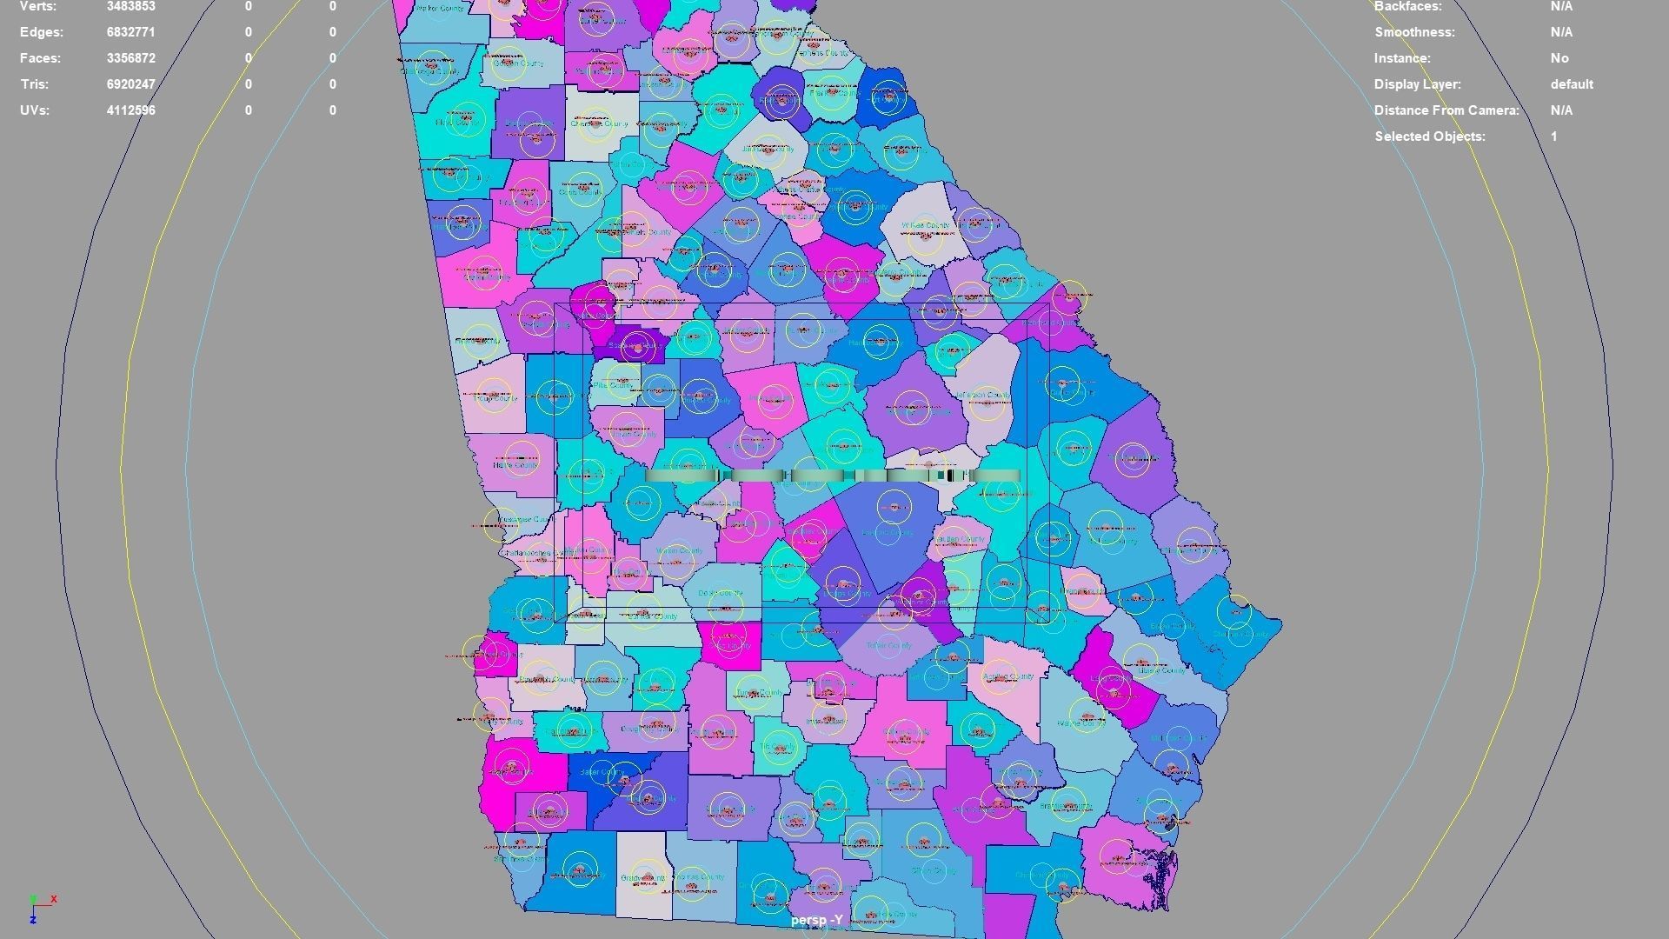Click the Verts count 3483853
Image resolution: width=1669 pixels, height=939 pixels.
[x=130, y=6]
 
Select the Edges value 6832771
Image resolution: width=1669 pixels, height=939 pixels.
[x=130, y=32]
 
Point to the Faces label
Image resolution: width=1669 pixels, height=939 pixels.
[x=41, y=58]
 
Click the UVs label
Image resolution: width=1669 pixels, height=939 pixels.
[x=35, y=110]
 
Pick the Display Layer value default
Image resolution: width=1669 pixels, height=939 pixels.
[x=1571, y=84]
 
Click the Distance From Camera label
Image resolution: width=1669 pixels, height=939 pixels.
[x=1446, y=110]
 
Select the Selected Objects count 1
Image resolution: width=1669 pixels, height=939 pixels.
[x=1553, y=137]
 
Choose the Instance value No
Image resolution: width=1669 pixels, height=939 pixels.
[x=1559, y=58]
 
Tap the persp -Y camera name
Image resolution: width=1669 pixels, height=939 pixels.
[x=816, y=920]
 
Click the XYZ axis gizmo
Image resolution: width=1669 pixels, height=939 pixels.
[x=39, y=906]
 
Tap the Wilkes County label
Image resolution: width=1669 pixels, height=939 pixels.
[x=925, y=225]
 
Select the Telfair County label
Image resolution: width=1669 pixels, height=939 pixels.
[x=888, y=645]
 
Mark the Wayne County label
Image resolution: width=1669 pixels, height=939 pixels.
[x=1081, y=723]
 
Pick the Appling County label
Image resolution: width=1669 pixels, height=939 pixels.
[x=1007, y=676]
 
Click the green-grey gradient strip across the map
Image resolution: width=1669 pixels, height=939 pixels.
[x=832, y=475]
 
